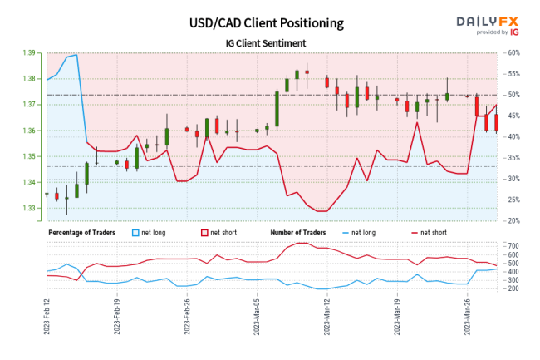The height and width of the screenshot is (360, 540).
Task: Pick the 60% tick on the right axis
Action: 513,53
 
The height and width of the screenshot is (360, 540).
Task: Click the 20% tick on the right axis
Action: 513,221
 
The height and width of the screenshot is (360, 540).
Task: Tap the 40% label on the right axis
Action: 513,137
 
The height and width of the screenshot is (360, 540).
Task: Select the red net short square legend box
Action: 204,233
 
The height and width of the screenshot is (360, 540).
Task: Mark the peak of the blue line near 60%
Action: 76,55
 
